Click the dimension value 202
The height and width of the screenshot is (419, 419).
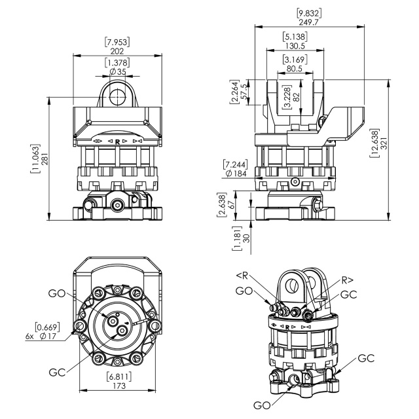[x=117, y=50]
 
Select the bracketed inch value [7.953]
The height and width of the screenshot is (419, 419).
[x=117, y=41]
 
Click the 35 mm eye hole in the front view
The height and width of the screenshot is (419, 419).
[x=118, y=95]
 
